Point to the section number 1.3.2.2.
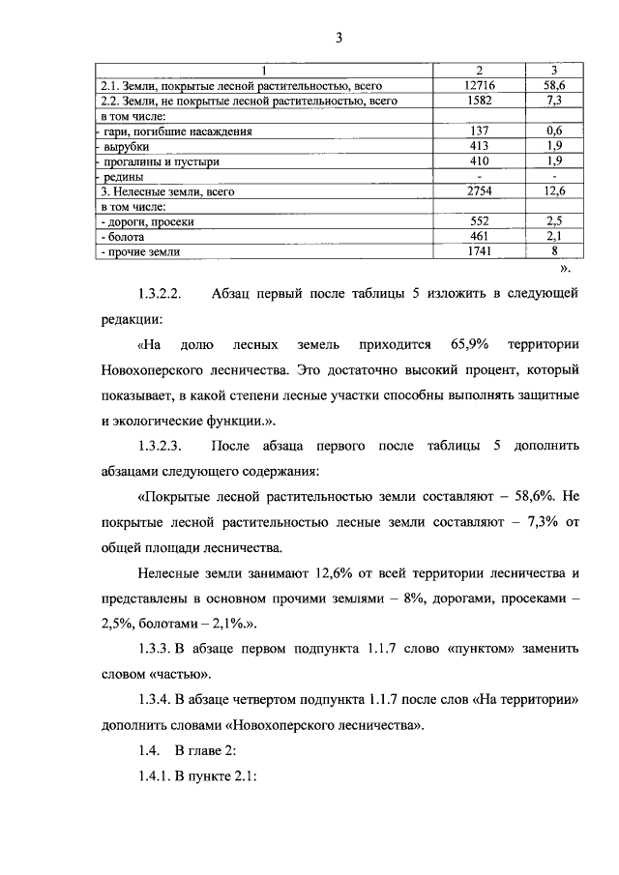coord(167,293)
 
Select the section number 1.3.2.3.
coord(167,447)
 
